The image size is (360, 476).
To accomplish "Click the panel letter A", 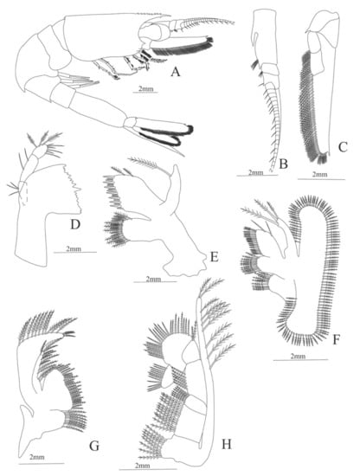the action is [175, 72].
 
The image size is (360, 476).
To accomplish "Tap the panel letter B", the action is [283, 164].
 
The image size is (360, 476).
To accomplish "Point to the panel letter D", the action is [75, 224].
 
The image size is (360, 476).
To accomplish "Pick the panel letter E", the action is [214, 257].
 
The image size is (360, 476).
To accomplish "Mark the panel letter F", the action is [335, 340].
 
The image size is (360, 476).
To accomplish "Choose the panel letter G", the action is [94, 446].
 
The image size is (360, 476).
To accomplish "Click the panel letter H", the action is [226, 444].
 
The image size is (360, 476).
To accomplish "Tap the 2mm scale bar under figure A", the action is [145, 92].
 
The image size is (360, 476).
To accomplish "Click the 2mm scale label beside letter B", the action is [256, 173].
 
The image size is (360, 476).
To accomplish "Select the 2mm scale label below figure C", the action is [319, 175].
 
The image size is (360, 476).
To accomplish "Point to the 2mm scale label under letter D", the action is [74, 248].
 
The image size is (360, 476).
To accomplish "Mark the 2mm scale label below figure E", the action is [153, 280].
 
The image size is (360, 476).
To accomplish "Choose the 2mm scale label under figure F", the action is [298, 357].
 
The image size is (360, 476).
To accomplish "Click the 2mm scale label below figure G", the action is [37, 457].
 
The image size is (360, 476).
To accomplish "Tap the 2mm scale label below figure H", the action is [142, 466].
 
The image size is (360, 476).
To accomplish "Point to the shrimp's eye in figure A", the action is [155, 31].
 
